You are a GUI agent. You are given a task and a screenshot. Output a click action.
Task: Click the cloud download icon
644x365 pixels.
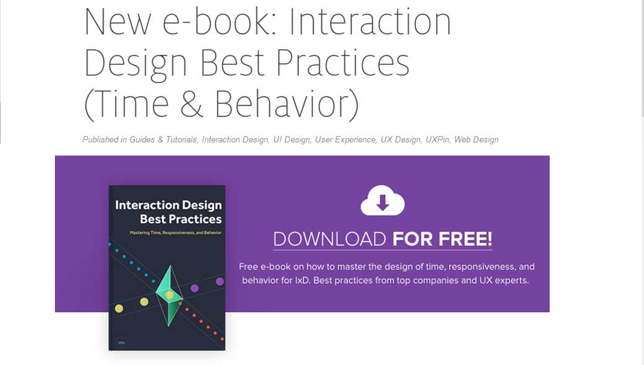382,201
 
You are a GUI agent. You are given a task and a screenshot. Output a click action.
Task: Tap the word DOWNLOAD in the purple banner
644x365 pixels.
329,239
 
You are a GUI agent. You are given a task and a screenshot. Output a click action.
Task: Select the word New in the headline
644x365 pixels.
117,22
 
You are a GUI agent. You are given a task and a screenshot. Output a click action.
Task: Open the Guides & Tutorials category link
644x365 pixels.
163,140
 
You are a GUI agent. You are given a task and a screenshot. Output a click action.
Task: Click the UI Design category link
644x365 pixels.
292,140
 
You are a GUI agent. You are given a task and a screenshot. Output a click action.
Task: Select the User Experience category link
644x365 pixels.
346,140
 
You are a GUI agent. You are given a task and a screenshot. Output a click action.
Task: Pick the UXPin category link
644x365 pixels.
437,140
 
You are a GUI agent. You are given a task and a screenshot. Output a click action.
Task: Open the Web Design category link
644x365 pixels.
476,140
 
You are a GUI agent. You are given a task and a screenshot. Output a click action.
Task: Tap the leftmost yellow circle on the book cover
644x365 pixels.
119,309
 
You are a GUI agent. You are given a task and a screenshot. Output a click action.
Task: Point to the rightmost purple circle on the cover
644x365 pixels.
220,282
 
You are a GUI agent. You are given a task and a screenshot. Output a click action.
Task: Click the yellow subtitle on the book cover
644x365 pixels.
167,232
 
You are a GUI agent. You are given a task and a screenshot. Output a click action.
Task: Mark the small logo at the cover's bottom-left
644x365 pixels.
121,341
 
